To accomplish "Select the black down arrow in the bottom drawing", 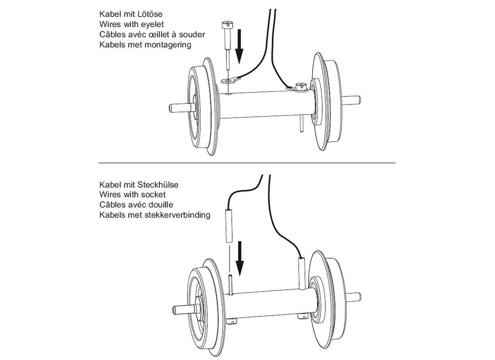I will [x=240, y=258].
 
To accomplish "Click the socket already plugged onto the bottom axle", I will [x=301, y=272].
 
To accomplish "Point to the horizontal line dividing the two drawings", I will [x=247, y=162].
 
